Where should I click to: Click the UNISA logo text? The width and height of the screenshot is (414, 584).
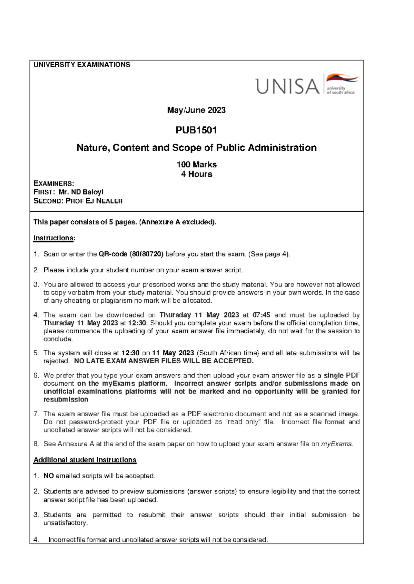tap(287, 86)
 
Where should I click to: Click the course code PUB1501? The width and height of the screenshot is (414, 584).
tap(196, 130)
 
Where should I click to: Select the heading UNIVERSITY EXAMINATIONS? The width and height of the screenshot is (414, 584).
tap(82, 65)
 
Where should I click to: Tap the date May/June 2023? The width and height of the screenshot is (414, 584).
tap(196, 110)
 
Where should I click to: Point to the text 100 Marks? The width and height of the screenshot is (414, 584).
tap(196, 165)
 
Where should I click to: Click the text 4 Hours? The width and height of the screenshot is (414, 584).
tap(196, 174)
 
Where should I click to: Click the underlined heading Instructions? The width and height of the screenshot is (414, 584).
tap(54, 238)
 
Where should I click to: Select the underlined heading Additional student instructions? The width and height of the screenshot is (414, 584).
tap(85, 460)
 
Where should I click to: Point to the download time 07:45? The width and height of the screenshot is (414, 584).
tap(261, 315)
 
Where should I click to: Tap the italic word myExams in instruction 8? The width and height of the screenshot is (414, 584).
tap(336, 444)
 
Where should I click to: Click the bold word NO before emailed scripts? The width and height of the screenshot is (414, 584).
tap(48, 476)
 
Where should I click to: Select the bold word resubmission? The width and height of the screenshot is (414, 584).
tap(66, 400)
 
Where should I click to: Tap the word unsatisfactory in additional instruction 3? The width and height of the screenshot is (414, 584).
tap(65, 523)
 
